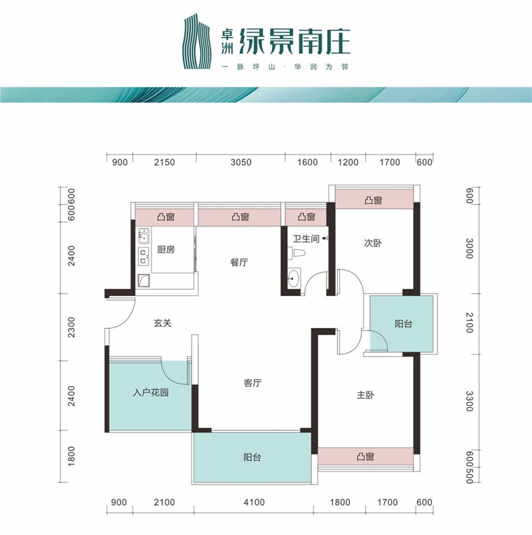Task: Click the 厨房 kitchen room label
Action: [166, 250]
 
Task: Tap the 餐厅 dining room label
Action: [239, 262]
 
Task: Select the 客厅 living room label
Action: [253, 383]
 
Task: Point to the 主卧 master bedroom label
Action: [365, 395]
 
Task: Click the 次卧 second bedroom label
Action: [373, 243]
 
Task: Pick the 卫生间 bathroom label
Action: [306, 238]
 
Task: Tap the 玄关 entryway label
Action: [162, 323]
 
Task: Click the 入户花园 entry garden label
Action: [151, 393]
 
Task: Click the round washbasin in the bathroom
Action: [293, 277]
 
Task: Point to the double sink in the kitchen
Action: [144, 236]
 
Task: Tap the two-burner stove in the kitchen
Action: [144, 256]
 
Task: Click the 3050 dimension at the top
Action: [241, 162]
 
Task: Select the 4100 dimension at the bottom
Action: [254, 502]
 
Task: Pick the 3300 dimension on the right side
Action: [469, 401]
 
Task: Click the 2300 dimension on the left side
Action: [71, 327]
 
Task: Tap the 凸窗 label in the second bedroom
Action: [374, 200]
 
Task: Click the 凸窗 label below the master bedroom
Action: [365, 456]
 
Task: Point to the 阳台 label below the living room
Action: [252, 457]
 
